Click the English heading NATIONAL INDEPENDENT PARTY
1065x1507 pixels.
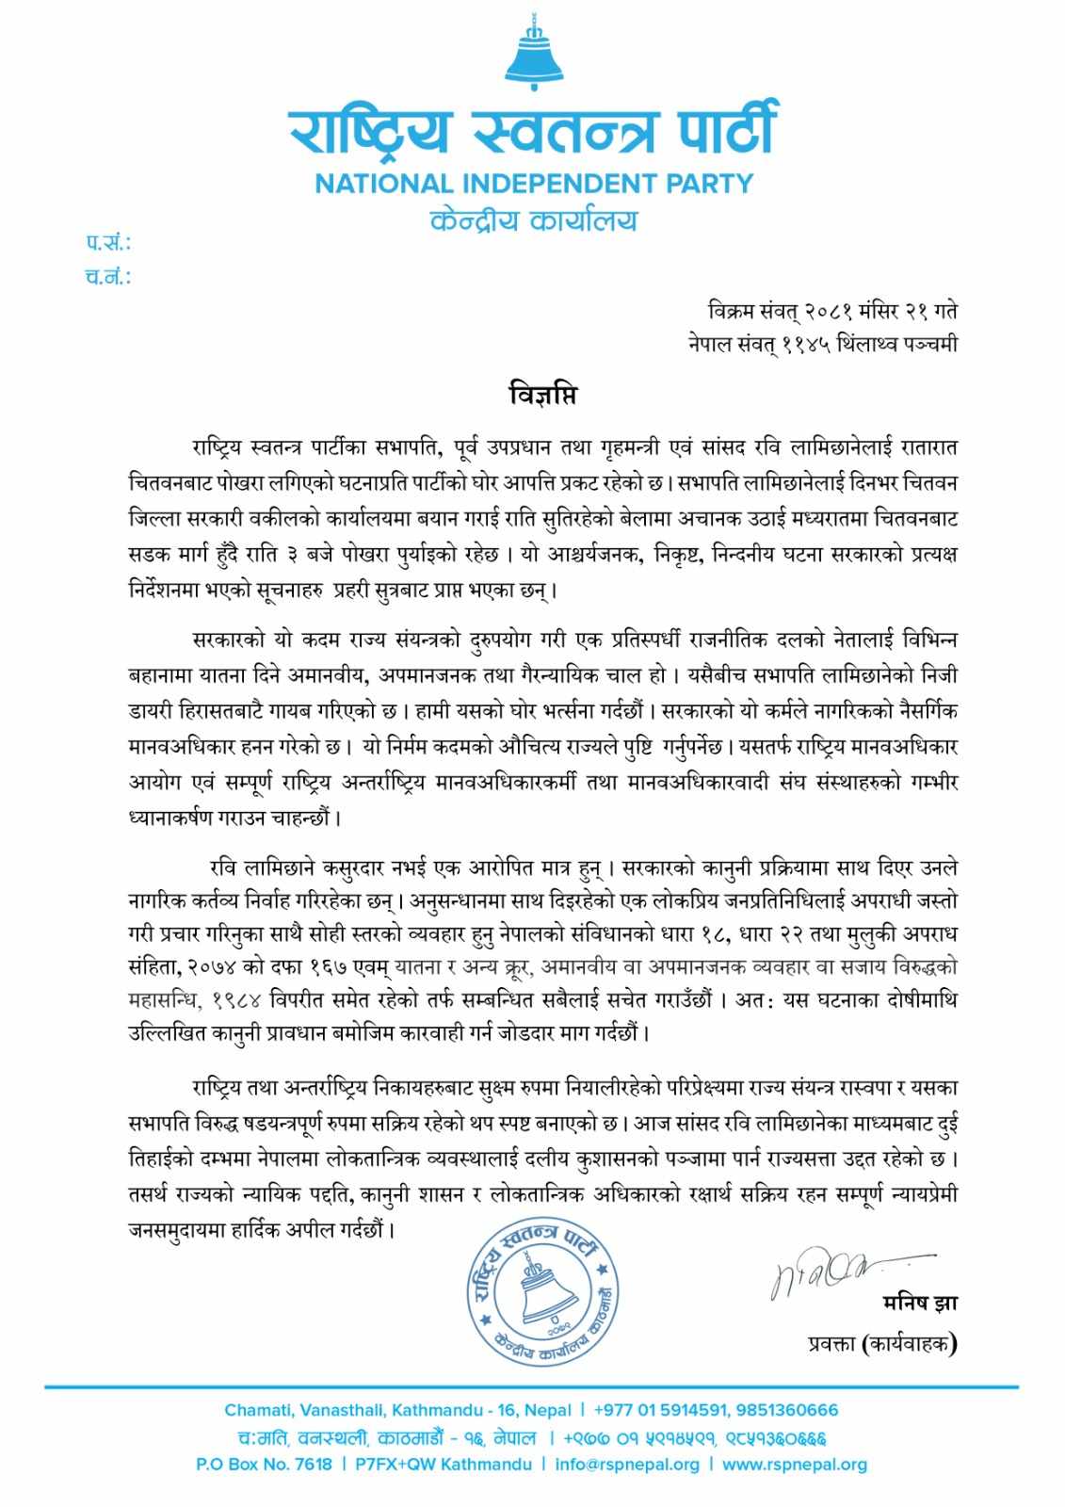tap(534, 183)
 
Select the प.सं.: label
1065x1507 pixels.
tap(108, 245)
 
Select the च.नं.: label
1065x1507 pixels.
tap(108, 277)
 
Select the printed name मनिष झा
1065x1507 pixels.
tap(921, 1304)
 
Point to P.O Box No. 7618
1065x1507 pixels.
tap(265, 1465)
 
